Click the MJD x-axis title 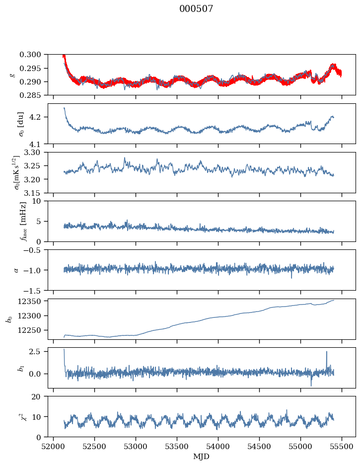pos(201,456)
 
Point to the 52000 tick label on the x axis pos(54,446)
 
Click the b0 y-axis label pos(8,319)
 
